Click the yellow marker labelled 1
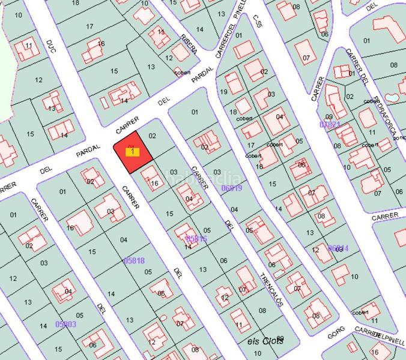[132, 152]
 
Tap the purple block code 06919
[231, 188]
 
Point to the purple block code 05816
[196, 238]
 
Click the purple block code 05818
[133, 260]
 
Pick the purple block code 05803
[65, 324]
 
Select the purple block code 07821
[330, 124]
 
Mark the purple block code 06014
[338, 247]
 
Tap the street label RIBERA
[189, 44]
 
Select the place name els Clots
[265, 341]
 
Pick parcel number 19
[224, 92]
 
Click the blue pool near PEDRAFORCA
[391, 97]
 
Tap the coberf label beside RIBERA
[181, 73]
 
